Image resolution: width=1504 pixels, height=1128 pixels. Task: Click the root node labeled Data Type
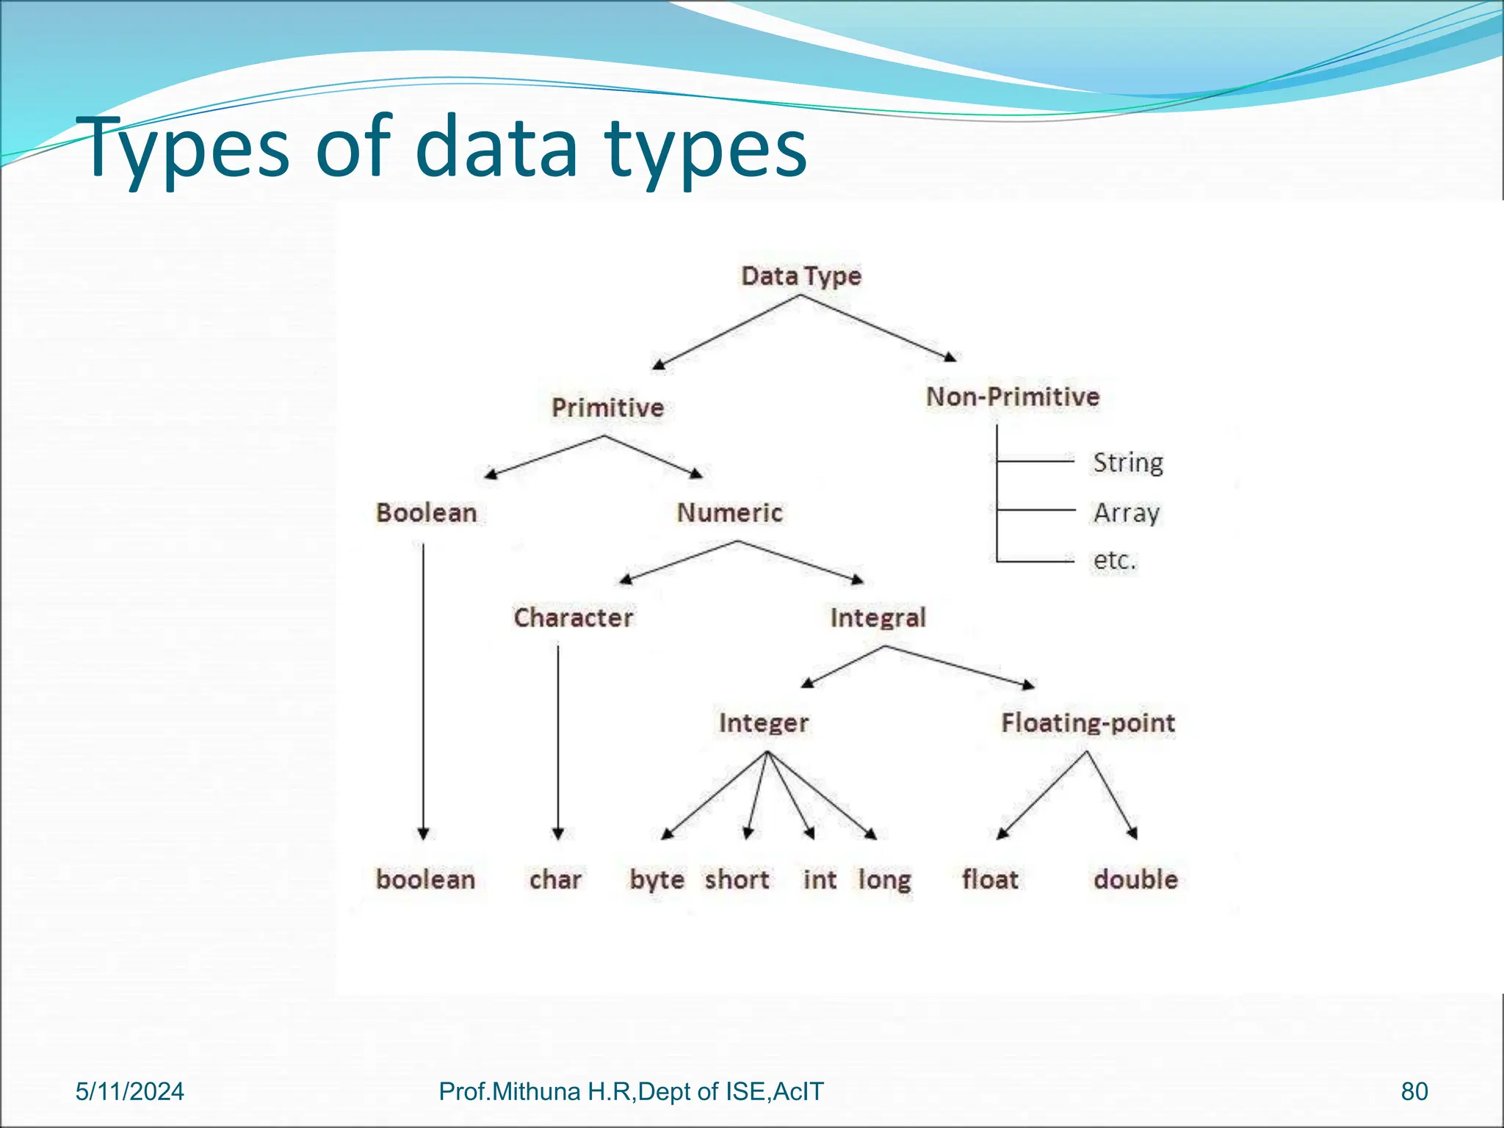tap(801, 276)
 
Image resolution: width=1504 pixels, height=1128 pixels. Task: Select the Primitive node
tap(607, 408)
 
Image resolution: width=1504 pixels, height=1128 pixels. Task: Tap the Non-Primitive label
tap(1013, 397)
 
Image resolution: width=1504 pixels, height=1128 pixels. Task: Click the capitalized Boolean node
tap(426, 513)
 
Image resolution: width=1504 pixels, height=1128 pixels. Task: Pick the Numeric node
tap(729, 513)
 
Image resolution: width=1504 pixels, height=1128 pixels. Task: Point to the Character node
tap(573, 618)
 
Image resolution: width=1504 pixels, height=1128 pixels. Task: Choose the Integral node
tap(878, 618)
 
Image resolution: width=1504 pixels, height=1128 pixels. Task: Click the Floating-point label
tap(1088, 723)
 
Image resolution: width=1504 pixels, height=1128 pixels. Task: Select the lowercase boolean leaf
tap(425, 879)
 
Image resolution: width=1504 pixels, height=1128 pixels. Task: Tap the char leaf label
tap(555, 879)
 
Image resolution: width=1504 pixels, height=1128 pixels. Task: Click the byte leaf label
tap(657, 880)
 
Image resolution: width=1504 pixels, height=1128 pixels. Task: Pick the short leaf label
tap(737, 879)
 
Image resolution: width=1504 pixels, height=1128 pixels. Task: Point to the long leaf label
tap(885, 880)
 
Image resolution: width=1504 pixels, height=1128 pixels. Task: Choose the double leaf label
tap(1135, 879)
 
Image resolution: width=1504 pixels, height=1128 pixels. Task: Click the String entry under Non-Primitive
tap(1128, 463)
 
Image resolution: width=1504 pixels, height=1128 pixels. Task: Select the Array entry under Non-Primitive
tap(1127, 513)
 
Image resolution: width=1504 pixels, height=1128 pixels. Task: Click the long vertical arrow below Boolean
tap(423, 690)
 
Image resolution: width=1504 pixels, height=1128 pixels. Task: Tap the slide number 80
tap(1414, 1092)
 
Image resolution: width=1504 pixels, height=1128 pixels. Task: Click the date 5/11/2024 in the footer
tap(130, 1092)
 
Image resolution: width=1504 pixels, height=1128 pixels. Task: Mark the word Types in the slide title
tap(187, 148)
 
